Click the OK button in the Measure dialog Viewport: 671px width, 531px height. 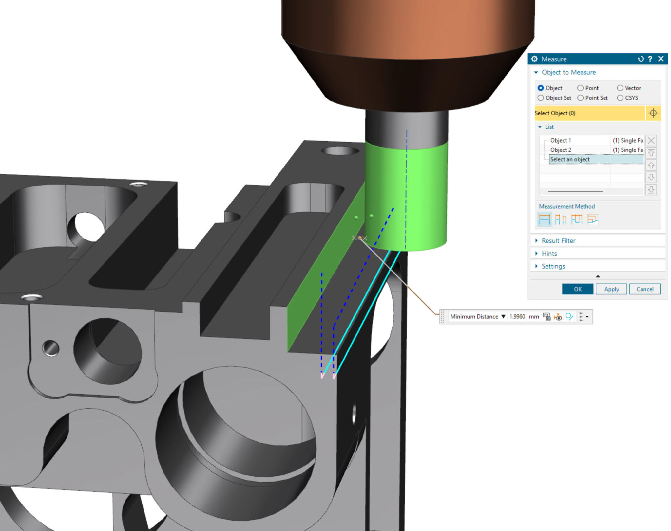[577, 289]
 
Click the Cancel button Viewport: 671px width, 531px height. [644, 289]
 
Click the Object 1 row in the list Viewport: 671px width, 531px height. [560, 140]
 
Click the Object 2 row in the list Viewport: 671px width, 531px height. [560, 150]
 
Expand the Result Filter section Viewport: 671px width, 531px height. [558, 241]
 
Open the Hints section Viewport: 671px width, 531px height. [549, 254]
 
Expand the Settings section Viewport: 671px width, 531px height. [553, 266]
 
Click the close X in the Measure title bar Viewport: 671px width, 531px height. [661, 59]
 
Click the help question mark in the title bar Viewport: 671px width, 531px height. [650, 59]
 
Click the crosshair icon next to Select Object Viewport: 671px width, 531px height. [653, 113]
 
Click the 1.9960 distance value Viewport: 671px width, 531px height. [517, 316]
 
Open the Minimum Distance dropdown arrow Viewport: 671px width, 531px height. [503, 316]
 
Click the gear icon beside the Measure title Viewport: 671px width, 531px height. [534, 59]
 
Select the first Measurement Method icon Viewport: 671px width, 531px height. [545, 219]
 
